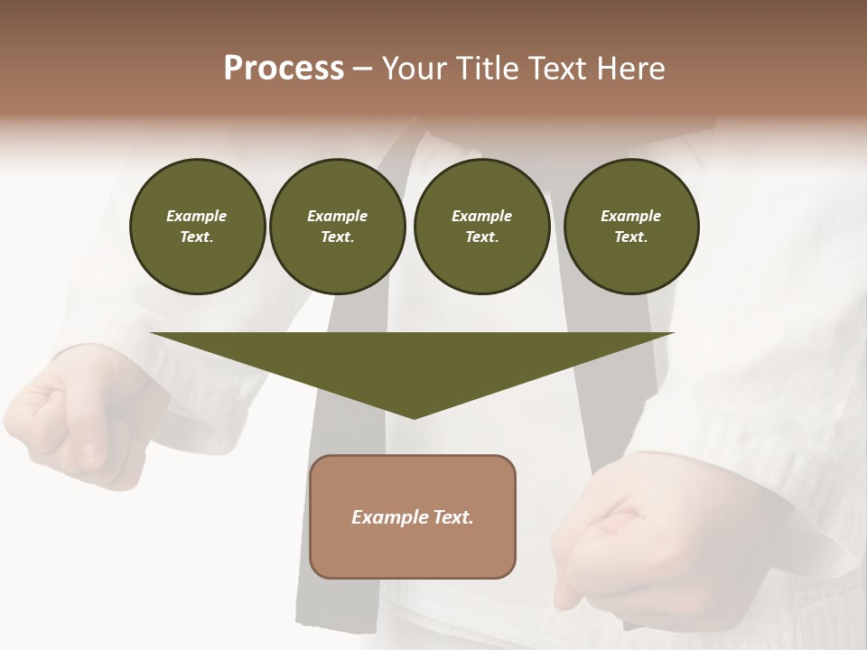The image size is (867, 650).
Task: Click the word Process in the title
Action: click(x=284, y=69)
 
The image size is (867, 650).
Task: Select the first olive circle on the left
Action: click(x=197, y=227)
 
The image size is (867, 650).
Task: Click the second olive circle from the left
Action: click(x=337, y=227)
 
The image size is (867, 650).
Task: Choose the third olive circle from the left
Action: click(x=481, y=227)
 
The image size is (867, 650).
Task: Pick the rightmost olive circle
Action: click(x=630, y=227)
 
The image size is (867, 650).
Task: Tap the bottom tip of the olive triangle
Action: click(x=414, y=416)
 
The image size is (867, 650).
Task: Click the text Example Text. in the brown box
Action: click(x=413, y=517)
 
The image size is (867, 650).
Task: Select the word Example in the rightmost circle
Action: click(x=630, y=216)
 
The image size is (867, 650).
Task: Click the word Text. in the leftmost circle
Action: click(x=197, y=237)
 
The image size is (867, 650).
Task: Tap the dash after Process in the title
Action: click(x=362, y=69)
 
